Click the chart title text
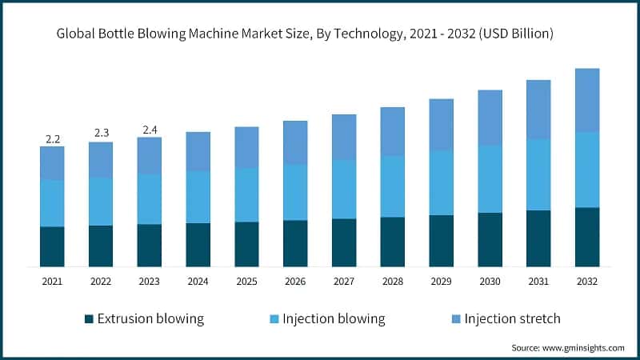coord(305,34)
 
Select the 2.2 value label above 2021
coord(53,139)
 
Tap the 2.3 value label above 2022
coord(102,133)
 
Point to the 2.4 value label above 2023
coord(150,130)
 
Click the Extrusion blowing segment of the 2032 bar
coord(587,237)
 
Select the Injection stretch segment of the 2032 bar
coord(587,100)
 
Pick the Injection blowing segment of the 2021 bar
coord(53,203)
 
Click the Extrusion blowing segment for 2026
coord(295,243)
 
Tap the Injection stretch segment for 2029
coord(442,125)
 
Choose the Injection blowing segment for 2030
coord(490,178)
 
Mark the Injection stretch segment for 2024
coord(198,151)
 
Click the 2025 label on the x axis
coord(246,282)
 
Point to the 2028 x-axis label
coord(392,282)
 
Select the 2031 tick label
coord(538,282)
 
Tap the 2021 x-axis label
coord(53,282)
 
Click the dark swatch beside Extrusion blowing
coord(90,319)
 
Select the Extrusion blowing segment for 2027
coord(344,242)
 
